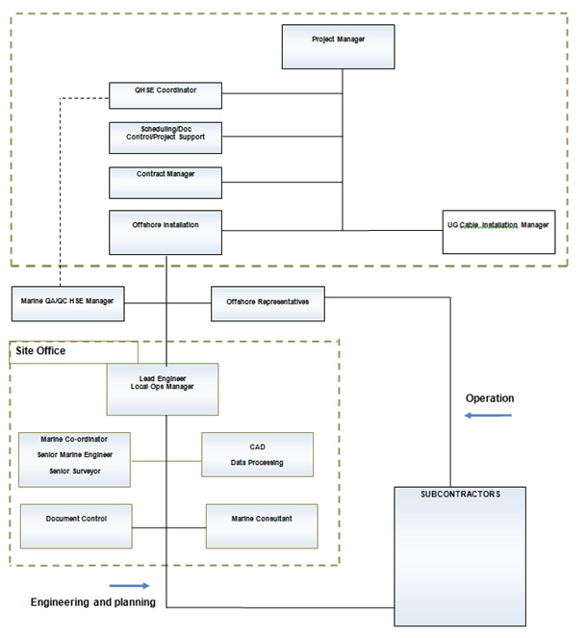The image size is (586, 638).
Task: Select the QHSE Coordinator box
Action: pyautogui.click(x=166, y=95)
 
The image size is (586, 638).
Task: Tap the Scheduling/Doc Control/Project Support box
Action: pyautogui.click(x=166, y=137)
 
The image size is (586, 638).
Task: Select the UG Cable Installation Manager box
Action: pyautogui.click(x=498, y=232)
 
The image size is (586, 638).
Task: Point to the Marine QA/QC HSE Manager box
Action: pyautogui.click(x=66, y=302)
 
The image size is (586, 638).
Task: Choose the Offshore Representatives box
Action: pyautogui.click(x=268, y=303)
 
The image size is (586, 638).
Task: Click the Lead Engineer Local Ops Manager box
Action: pyautogui.click(x=162, y=388)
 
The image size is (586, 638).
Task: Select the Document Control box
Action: pyautogui.click(x=76, y=525)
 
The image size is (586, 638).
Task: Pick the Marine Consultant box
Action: pyautogui.click(x=261, y=525)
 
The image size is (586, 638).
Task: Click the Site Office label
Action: pyautogui.click(x=40, y=351)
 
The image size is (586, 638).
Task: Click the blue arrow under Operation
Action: pyautogui.click(x=488, y=417)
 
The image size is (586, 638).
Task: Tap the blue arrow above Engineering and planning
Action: pyautogui.click(x=130, y=585)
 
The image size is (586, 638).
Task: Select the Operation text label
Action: pyautogui.click(x=490, y=398)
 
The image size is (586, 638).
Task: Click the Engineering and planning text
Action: pyautogui.click(x=91, y=602)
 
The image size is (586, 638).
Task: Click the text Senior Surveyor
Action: pyautogui.click(x=75, y=472)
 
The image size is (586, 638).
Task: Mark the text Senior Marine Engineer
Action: pyautogui.click(x=75, y=454)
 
